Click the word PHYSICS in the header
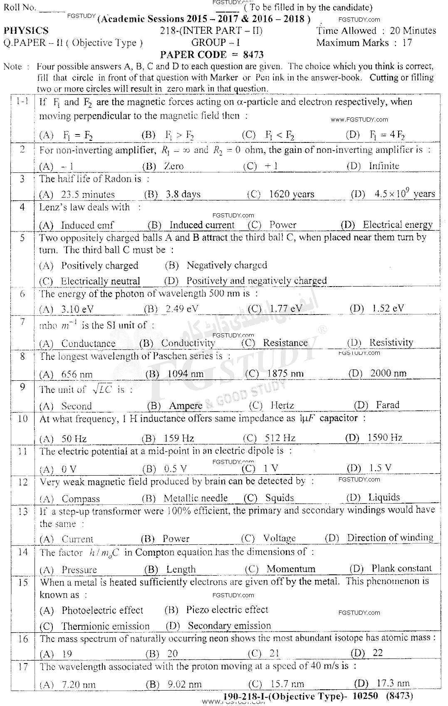click(x=26, y=31)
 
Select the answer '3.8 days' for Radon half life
click(x=183, y=195)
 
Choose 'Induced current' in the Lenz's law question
click(x=202, y=225)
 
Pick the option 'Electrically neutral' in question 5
click(x=100, y=281)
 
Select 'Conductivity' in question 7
click(x=188, y=343)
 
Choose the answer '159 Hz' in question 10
click(x=179, y=438)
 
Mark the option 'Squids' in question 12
click(x=280, y=498)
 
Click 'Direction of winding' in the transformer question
click(x=390, y=538)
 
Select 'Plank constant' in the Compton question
click(x=401, y=569)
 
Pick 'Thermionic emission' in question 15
click(x=105, y=626)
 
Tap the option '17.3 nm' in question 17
click(x=391, y=683)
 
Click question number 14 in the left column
click(x=22, y=552)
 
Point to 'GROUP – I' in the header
click(x=215, y=42)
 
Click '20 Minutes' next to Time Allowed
click(x=413, y=31)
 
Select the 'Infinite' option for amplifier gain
click(x=384, y=166)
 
